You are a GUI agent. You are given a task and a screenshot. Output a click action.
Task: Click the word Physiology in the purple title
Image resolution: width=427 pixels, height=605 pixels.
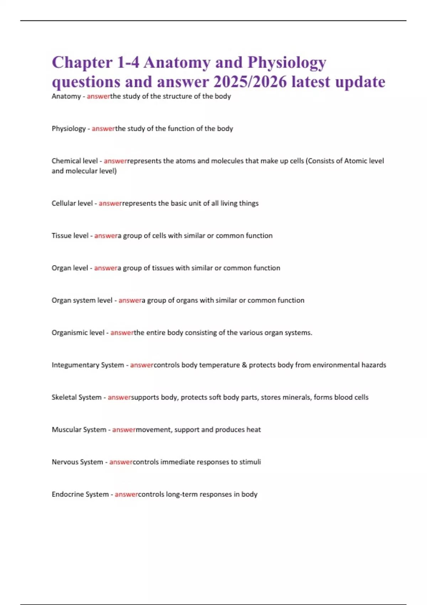(x=287, y=63)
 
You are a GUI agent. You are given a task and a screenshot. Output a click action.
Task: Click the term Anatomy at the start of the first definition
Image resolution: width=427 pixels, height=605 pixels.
(x=66, y=96)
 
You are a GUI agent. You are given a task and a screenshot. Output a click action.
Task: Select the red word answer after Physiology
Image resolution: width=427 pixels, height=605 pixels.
(x=103, y=128)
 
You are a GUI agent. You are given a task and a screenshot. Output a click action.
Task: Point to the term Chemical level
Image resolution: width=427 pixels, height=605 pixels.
(x=74, y=161)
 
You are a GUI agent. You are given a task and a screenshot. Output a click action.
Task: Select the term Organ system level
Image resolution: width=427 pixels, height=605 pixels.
(x=82, y=300)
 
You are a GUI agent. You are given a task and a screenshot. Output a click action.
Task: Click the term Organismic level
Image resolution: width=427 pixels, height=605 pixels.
(x=78, y=333)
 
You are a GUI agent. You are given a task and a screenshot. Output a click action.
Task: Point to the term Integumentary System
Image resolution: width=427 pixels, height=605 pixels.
(x=88, y=365)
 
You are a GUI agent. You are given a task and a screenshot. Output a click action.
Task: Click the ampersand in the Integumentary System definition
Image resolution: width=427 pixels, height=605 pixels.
(x=244, y=365)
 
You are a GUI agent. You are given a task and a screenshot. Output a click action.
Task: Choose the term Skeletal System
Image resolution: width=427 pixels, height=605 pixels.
(x=77, y=398)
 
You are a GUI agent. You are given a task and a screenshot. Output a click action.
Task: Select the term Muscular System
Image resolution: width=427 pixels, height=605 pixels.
(x=79, y=430)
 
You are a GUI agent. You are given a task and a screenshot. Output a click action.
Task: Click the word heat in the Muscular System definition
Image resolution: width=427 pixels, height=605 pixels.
(x=253, y=430)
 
